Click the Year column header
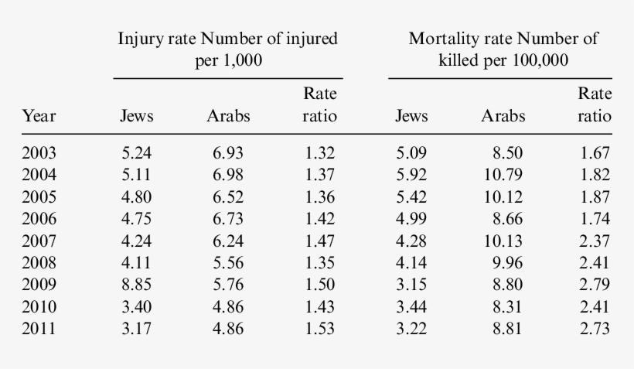point(39,117)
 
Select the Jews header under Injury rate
point(137,117)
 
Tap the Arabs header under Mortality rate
point(503,117)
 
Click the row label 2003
point(39,153)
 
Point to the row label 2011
point(39,329)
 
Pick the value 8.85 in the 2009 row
point(137,285)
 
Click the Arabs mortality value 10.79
point(503,175)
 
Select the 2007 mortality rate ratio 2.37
point(595,241)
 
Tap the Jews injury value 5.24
point(137,153)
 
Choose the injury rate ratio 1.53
point(319,329)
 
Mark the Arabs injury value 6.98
point(228,175)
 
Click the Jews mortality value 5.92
point(411,175)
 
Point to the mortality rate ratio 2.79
point(595,285)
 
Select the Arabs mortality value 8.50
point(507,153)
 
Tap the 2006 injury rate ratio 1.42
point(319,219)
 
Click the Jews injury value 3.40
point(137,307)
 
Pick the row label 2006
point(39,219)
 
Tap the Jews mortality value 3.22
point(411,329)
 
